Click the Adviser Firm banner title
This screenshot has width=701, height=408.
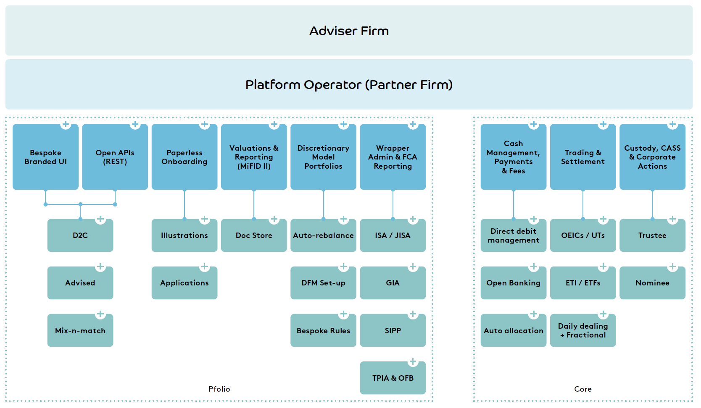349,31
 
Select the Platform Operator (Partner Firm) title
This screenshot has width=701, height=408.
349,85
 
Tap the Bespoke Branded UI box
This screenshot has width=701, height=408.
46,157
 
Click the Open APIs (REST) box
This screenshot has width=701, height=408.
115,157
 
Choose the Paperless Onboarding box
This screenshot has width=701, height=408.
184,157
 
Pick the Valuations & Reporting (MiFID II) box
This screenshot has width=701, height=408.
254,157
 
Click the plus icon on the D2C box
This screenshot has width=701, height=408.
100,219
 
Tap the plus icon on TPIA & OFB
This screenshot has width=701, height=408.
413,362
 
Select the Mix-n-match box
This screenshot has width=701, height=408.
80,330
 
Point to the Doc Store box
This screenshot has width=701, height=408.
254,235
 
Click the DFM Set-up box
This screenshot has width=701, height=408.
323,283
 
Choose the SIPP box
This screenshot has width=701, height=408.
393,330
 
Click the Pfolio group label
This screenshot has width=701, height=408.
219,389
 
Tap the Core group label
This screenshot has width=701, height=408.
583,389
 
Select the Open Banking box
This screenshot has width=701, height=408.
514,283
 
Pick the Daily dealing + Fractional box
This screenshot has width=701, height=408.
583,330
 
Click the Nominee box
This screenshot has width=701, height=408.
653,283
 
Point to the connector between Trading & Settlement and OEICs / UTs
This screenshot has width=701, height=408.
583,204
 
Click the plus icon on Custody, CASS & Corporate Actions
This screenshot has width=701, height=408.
672,124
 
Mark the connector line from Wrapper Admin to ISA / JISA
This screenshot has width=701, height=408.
393,204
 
